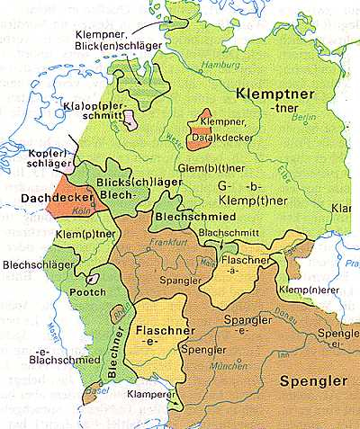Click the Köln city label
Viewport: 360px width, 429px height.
(x=92, y=212)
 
